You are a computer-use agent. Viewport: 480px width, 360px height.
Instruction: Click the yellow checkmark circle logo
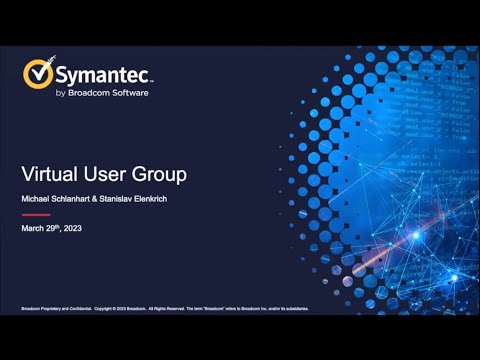click(39, 75)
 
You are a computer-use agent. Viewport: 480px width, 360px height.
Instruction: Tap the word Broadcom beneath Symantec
click(93, 93)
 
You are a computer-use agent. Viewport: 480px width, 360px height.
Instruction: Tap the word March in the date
click(33, 229)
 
